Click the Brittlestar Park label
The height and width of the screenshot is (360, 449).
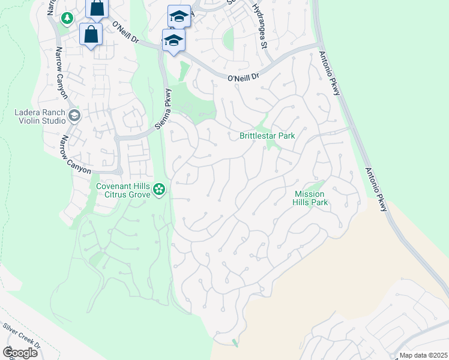(267, 136)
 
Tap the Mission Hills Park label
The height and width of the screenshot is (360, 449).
(310, 198)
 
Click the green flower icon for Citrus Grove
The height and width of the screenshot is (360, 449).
(159, 190)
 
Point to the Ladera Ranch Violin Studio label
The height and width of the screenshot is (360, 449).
(40, 116)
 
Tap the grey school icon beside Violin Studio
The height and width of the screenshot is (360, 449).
(74, 115)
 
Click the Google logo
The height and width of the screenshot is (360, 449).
(19, 353)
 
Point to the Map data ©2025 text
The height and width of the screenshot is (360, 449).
(423, 355)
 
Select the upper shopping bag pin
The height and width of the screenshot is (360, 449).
(97, 8)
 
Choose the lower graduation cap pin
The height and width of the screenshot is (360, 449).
(173, 40)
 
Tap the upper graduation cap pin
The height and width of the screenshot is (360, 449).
(179, 16)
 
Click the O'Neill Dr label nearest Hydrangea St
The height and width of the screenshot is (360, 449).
(243, 77)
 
